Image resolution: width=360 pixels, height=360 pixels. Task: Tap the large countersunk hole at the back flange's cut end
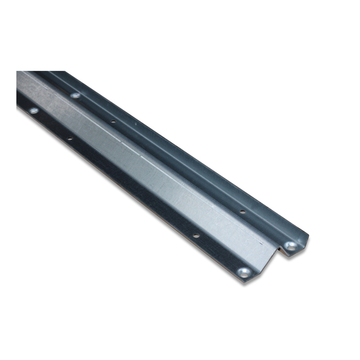(x=291, y=246)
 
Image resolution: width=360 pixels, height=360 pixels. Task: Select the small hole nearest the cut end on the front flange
(x=196, y=236)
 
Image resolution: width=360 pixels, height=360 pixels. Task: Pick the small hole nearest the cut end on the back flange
(x=242, y=211)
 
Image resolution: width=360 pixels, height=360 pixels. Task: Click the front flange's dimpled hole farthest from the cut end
(x=33, y=110)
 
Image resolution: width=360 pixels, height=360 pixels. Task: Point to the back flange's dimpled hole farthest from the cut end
(x=75, y=95)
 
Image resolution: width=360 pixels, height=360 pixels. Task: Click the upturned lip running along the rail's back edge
(x=180, y=149)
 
